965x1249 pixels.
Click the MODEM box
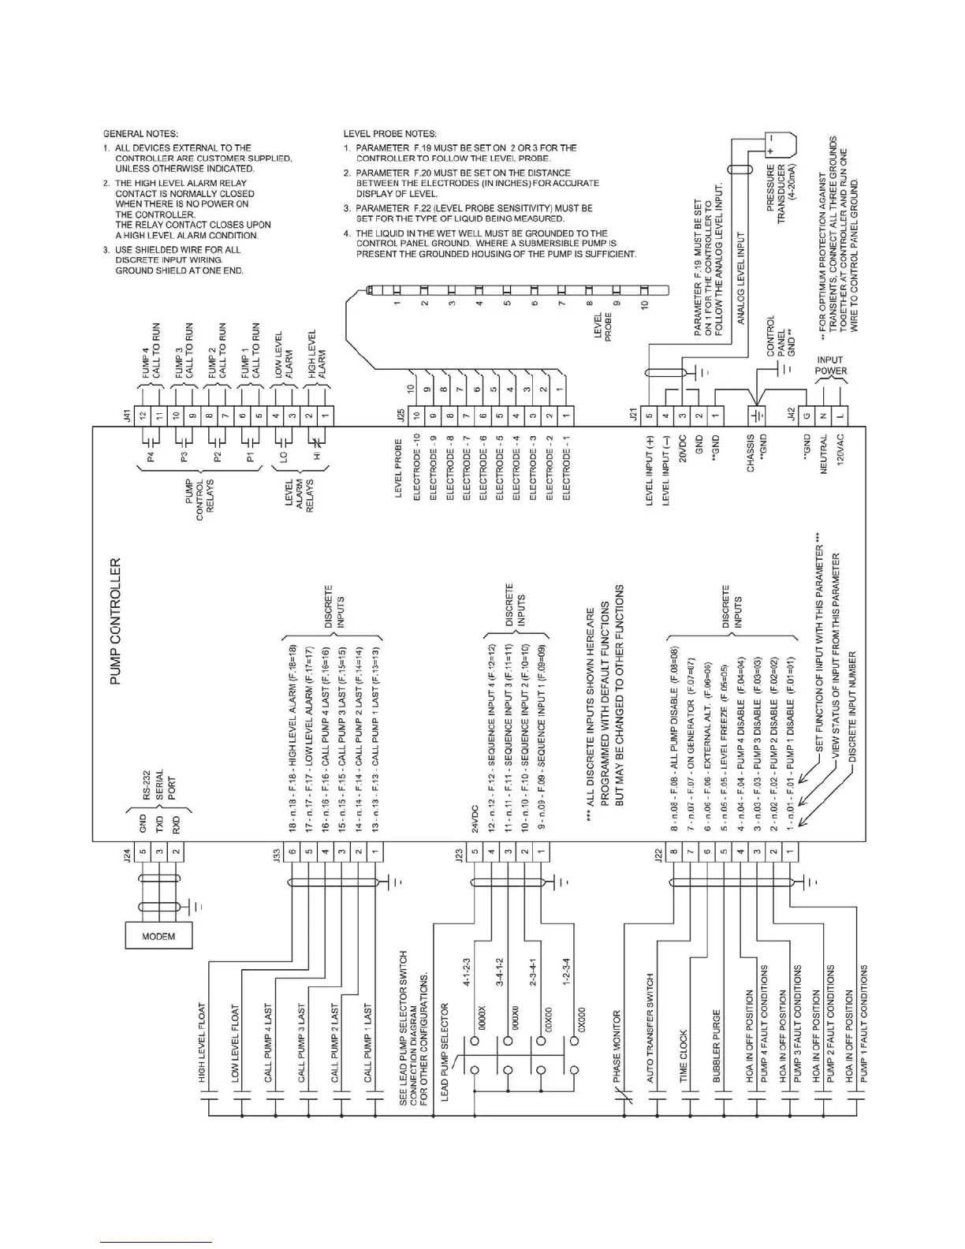(158, 936)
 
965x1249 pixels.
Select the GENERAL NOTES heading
(141, 133)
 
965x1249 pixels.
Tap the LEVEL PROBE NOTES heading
(390, 133)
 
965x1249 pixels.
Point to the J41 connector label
(128, 415)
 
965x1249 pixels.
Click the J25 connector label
(400, 415)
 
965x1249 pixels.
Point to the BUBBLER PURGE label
(717, 1045)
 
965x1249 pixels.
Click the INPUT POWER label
(831, 365)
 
